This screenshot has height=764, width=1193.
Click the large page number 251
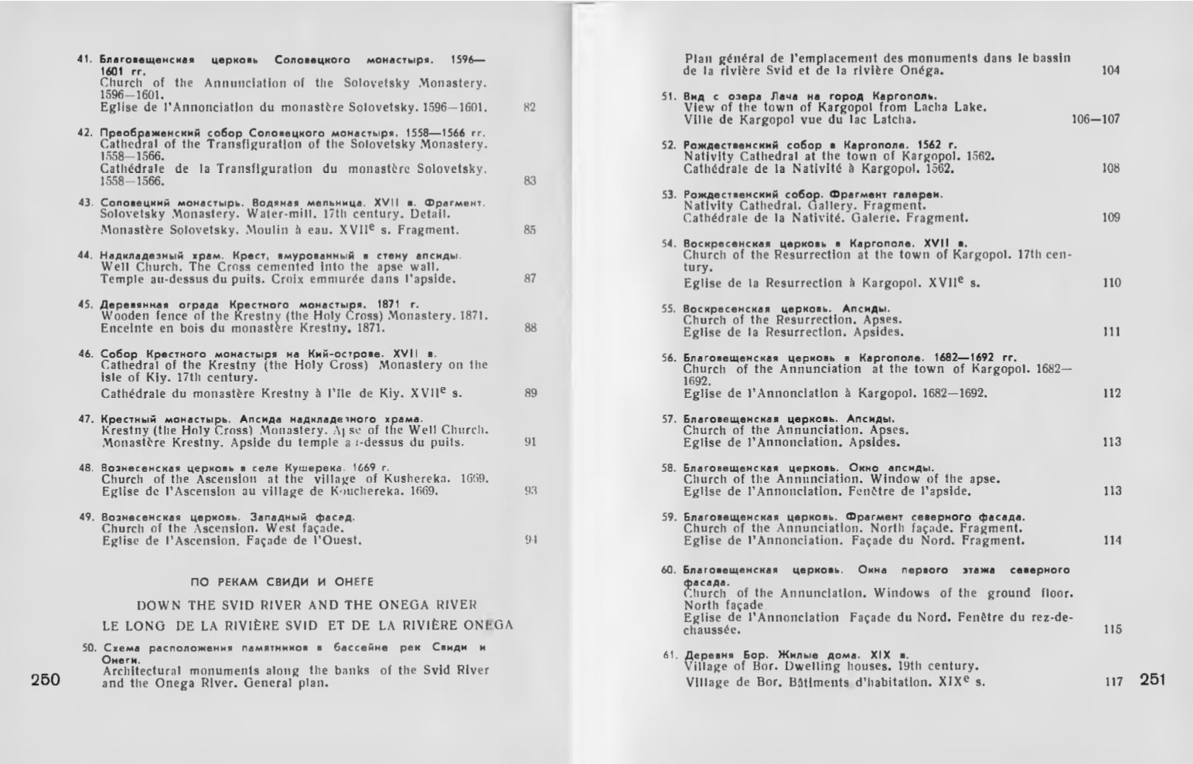pyautogui.click(x=1152, y=680)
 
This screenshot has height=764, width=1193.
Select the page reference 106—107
pyautogui.click(x=1095, y=119)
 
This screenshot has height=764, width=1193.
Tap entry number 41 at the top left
pyautogui.click(x=85, y=59)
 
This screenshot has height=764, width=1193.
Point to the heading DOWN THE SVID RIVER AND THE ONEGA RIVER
pyautogui.click(x=307, y=604)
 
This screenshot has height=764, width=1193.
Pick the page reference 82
pyautogui.click(x=530, y=107)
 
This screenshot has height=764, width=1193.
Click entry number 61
pyautogui.click(x=670, y=655)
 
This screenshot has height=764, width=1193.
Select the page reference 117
pyautogui.click(x=1113, y=682)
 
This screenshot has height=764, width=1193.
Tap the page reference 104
pyautogui.click(x=1110, y=70)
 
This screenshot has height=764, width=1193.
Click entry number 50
pyautogui.click(x=90, y=647)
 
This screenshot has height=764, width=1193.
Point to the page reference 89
pyautogui.click(x=530, y=393)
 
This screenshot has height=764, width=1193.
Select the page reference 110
pyautogui.click(x=1112, y=284)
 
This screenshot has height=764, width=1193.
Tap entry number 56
pyautogui.click(x=669, y=358)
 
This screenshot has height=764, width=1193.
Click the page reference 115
pyautogui.click(x=1112, y=630)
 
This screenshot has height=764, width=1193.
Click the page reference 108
pyautogui.click(x=1111, y=168)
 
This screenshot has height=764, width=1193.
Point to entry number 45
pyautogui.click(x=86, y=304)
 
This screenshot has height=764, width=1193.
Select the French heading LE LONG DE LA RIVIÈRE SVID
pyautogui.click(x=307, y=625)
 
